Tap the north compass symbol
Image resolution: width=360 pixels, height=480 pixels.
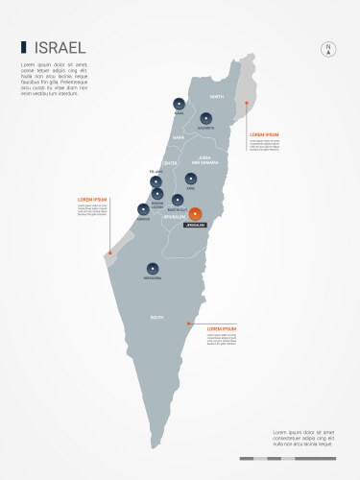328,49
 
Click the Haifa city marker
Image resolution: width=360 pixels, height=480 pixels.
179,104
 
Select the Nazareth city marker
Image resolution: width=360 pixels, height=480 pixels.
205,119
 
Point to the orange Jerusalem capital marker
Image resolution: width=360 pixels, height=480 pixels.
196,214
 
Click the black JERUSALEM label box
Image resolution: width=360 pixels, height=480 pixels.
196,228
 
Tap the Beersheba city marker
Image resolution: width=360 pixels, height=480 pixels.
153,269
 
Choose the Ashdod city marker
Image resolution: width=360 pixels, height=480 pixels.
144,211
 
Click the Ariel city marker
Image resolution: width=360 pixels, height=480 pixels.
191,179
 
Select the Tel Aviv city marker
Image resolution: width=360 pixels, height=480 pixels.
157,180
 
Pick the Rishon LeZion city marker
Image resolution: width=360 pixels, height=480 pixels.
157,194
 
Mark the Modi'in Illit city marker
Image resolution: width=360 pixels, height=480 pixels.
177,201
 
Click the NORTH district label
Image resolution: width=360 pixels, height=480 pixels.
216,98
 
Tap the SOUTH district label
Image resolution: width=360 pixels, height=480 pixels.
156,317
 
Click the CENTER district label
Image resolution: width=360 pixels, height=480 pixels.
171,163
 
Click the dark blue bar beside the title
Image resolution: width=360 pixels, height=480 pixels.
24,47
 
